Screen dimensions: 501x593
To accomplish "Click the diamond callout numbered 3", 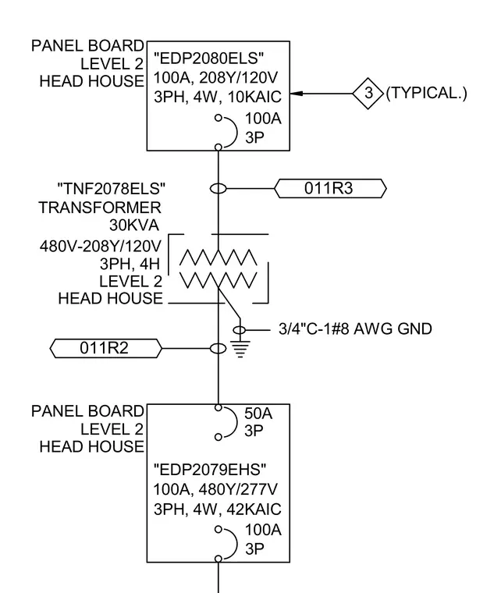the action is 368,94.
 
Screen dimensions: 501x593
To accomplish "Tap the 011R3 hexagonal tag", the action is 330,188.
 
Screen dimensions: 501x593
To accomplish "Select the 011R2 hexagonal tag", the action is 106,348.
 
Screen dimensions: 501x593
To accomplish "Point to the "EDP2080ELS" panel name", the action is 208,59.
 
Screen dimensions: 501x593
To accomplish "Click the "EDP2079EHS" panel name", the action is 210,470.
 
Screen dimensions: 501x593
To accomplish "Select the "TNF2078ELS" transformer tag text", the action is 111,188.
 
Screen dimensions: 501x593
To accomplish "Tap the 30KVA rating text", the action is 134,225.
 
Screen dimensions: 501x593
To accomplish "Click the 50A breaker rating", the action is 258,414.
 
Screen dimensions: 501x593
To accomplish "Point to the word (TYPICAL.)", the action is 427,93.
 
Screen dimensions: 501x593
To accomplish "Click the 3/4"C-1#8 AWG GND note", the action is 355,329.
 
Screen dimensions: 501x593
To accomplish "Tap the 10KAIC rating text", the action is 254,98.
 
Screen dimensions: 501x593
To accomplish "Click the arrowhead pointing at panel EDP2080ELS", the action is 296,94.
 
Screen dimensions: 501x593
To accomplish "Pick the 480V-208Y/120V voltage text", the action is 101,247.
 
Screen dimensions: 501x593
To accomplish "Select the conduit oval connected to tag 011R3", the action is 219,188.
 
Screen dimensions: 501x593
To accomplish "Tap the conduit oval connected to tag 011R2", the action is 219,348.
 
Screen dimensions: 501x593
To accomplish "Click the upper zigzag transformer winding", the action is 219,257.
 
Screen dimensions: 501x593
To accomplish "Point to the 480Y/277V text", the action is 238,490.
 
